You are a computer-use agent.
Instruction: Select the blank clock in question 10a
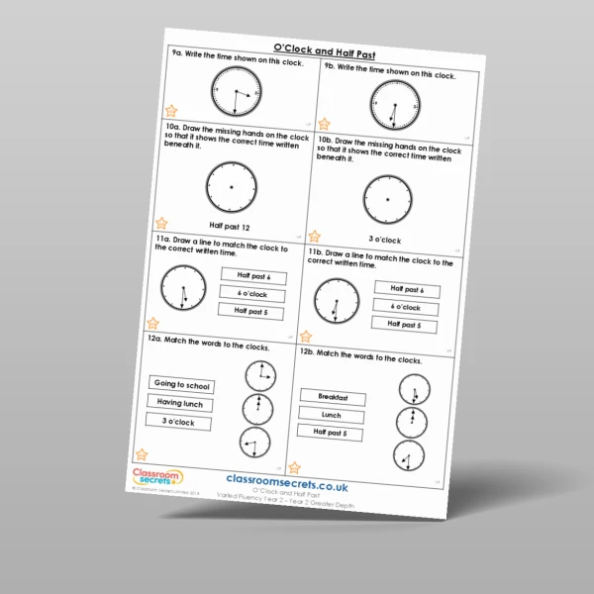tap(231, 185)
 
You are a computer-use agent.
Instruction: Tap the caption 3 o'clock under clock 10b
tap(384, 241)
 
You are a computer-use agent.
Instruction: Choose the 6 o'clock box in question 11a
tap(253, 294)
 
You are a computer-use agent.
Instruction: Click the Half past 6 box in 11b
tap(407, 289)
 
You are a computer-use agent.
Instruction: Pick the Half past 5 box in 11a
tap(252, 311)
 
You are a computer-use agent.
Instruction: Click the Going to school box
tap(182, 385)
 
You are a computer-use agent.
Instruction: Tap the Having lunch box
tap(180, 403)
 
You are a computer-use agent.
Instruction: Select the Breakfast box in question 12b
tap(334, 397)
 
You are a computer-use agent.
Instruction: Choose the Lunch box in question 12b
tap(331, 415)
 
